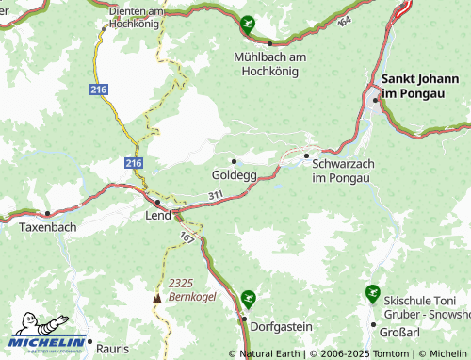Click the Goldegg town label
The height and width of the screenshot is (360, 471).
tap(234, 175)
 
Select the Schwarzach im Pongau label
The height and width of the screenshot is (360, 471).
tap(343, 171)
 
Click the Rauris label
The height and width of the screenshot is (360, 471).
tap(111, 349)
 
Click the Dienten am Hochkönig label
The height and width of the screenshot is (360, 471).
tap(138, 17)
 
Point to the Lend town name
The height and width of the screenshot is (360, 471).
tap(157, 216)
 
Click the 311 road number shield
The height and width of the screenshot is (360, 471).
tap(217, 195)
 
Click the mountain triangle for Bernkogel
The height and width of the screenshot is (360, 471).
tap(157, 299)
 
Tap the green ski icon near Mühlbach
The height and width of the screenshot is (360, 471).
tap(248, 25)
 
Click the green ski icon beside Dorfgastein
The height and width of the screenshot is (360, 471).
tap(248, 299)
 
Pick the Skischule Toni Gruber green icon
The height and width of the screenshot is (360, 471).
tap(373, 294)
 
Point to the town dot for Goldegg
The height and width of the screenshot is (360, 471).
tap(235, 161)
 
